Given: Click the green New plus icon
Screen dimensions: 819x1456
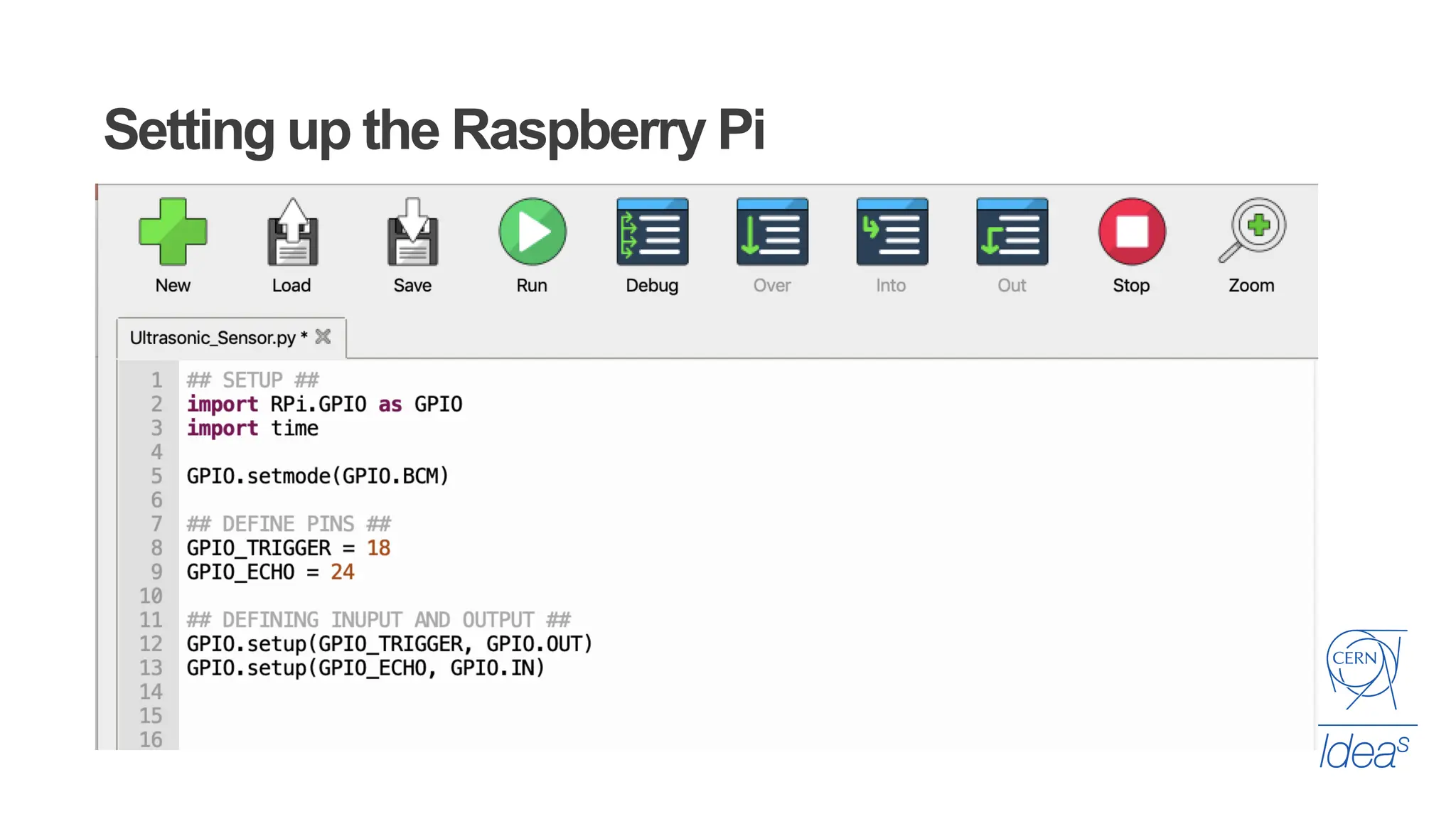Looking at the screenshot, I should click(x=173, y=232).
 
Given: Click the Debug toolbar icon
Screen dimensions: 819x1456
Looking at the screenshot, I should click(x=652, y=232).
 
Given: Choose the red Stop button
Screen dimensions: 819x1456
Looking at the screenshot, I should click(x=1131, y=232).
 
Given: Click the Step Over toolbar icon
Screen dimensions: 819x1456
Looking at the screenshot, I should click(x=772, y=232).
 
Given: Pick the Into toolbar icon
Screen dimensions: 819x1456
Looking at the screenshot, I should click(x=892, y=232).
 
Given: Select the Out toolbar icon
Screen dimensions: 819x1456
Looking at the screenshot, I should click(x=1012, y=232).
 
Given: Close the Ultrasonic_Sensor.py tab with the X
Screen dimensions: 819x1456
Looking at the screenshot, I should click(x=323, y=337).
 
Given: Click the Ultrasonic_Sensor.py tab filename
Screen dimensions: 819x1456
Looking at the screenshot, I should click(x=213, y=338).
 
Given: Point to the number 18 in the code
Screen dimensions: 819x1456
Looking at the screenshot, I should click(x=378, y=548).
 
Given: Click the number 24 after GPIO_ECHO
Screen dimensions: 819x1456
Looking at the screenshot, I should click(x=342, y=572).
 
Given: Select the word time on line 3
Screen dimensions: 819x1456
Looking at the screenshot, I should click(x=294, y=429).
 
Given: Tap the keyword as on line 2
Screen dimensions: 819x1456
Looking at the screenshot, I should click(x=390, y=405).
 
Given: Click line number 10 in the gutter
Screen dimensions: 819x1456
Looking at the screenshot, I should click(x=151, y=596).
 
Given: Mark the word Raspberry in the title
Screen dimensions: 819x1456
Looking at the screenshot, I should click(x=578, y=131).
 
